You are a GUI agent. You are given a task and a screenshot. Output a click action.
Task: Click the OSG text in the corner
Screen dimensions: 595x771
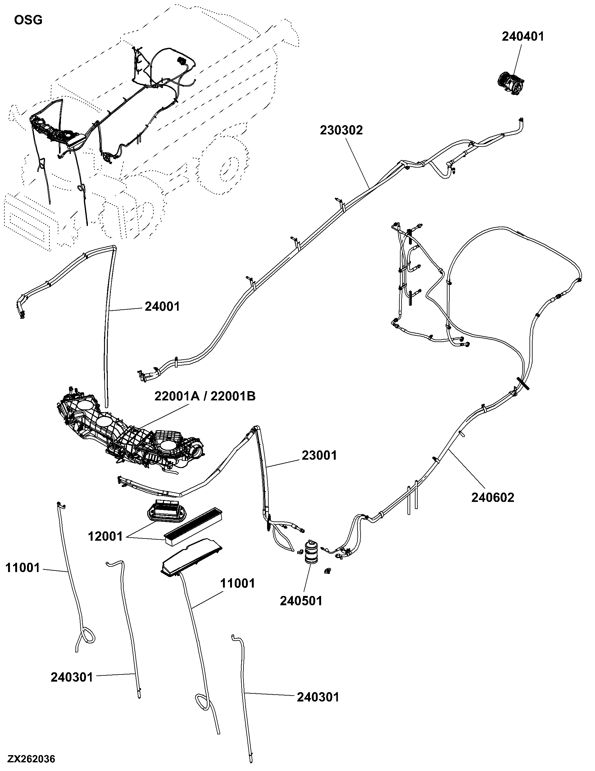28,20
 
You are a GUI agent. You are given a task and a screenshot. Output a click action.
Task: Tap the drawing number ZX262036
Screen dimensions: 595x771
31,758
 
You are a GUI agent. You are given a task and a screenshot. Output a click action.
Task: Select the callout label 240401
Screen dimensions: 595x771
523,36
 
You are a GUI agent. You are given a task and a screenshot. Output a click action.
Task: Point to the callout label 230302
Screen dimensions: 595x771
342,130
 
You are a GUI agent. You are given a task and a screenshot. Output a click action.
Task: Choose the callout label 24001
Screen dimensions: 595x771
162,306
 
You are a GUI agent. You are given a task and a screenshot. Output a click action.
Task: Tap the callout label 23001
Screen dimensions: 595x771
320,455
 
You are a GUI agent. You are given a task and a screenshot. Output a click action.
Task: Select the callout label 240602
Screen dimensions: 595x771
493,498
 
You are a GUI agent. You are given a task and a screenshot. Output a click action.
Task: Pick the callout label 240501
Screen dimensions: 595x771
301,601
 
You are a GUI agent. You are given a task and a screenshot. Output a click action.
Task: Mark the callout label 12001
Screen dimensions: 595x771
105,537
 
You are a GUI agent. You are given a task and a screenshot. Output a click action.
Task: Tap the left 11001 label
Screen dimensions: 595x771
23,568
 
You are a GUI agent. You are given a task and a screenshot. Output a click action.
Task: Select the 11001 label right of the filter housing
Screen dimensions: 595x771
238,584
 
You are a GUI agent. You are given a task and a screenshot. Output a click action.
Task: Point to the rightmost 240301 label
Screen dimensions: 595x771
318,697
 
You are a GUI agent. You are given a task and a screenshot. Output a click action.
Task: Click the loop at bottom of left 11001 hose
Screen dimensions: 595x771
87,635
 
